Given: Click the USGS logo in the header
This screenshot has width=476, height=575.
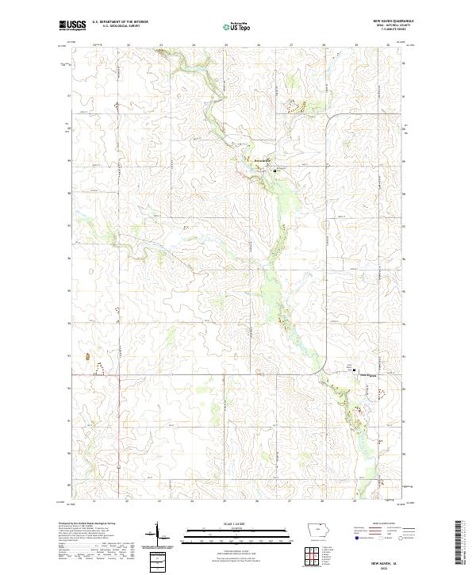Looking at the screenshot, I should click(73, 26).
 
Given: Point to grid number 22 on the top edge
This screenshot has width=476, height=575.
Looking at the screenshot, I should click(129, 45).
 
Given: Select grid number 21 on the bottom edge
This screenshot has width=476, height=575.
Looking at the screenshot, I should click(95, 501).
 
